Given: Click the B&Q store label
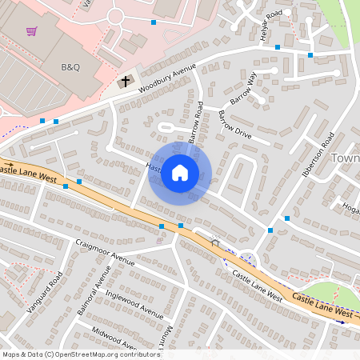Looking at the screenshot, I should (x=71, y=67).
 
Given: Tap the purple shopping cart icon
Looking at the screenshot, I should (x=31, y=31).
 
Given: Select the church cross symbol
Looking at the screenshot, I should (x=124, y=82).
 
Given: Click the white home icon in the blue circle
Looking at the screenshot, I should (x=180, y=173).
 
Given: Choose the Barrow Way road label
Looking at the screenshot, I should (x=243, y=89).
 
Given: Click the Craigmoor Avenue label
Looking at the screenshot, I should (x=105, y=250).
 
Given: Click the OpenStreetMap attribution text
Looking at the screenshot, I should (x=80, y=354).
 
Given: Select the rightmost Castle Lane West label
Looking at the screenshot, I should (x=320, y=305).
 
